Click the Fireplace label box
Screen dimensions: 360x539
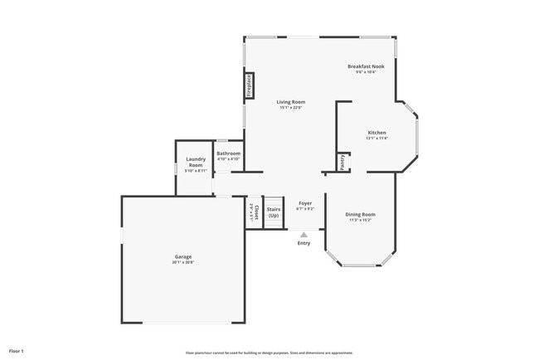[x=248, y=87]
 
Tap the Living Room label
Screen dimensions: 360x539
[x=291, y=102]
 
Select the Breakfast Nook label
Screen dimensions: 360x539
[x=366, y=66]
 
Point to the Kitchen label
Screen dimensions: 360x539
[x=377, y=133]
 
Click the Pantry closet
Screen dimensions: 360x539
[x=341, y=161]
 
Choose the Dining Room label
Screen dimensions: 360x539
[x=361, y=214]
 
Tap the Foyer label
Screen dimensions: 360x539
[x=305, y=202]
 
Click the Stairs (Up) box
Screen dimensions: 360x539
[x=274, y=213]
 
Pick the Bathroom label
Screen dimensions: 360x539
[x=229, y=153]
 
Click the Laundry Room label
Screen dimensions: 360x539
[x=196, y=163]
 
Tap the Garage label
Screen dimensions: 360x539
[x=183, y=257]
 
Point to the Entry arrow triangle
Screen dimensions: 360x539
[x=304, y=234]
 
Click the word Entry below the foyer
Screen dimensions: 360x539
[x=304, y=243]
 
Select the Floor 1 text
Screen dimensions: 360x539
[x=17, y=351]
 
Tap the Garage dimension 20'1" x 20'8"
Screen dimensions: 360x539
[x=183, y=263]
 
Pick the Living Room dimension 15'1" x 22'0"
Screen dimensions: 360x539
[x=291, y=108]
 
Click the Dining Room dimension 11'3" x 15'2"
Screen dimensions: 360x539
[x=361, y=220]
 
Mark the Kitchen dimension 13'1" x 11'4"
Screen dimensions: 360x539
[x=377, y=139]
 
